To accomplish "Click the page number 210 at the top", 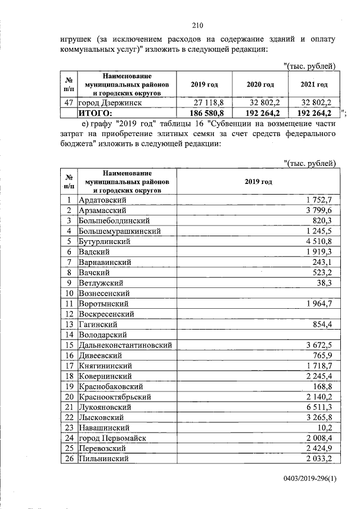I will [197, 25].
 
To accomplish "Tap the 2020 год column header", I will [260, 84].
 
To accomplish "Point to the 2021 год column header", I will [314, 84].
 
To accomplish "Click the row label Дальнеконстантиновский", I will [125, 345].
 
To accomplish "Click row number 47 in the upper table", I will [69, 103].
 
